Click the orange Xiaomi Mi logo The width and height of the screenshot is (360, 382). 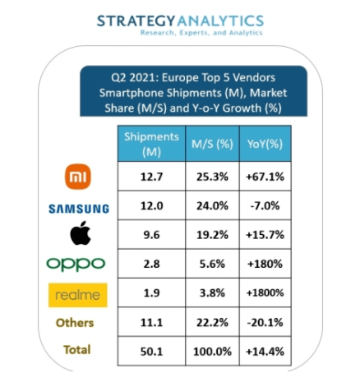78,177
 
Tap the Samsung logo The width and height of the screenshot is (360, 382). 79,209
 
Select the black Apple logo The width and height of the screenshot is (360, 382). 81,233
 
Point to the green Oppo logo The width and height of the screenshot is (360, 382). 76,265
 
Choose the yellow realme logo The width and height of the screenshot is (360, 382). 78,295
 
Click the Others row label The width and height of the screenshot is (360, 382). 75,323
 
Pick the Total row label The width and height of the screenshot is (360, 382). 77,350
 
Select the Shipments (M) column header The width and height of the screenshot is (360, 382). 151,144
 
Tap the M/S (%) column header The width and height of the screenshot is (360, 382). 212,144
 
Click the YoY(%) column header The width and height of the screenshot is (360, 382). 265,144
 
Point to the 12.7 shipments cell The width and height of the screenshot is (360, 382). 151,177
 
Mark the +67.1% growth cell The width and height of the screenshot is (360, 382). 265,177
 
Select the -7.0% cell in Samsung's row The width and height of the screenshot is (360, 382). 265,205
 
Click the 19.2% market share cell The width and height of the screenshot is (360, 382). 212,235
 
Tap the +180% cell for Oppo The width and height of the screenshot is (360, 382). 265,264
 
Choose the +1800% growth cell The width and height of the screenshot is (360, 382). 265,292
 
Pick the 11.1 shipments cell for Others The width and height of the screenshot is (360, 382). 151,322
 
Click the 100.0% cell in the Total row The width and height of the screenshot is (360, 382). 212,352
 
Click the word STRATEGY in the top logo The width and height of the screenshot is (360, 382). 136,21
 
